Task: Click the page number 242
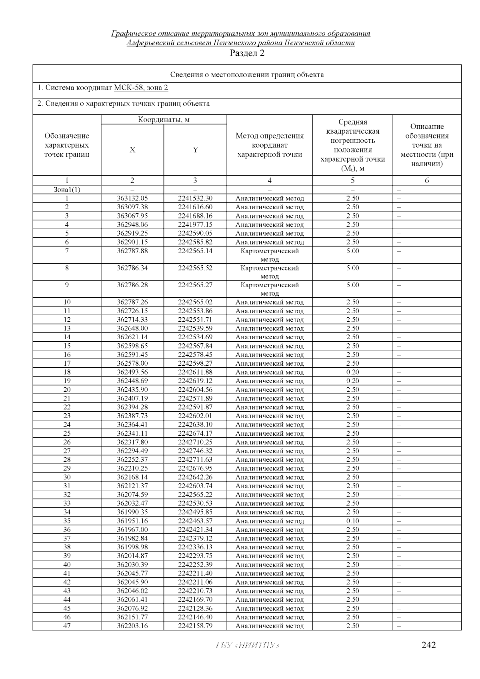point(428,645)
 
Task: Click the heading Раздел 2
point(247,53)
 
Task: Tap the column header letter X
point(132,150)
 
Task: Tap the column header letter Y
point(195,150)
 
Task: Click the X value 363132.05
point(132,198)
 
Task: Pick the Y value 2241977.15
point(195,224)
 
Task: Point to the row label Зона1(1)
point(67,190)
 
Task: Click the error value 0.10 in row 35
point(352,521)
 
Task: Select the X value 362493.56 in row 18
point(132,372)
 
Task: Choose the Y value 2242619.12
point(195,381)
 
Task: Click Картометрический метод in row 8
point(270,272)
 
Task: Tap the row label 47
point(67,626)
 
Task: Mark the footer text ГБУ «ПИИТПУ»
point(247,645)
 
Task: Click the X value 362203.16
point(132,626)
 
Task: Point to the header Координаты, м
point(164,120)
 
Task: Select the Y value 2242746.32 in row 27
point(195,451)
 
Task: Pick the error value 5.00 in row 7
point(352,251)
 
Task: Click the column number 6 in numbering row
point(427,180)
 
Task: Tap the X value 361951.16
point(132,521)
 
